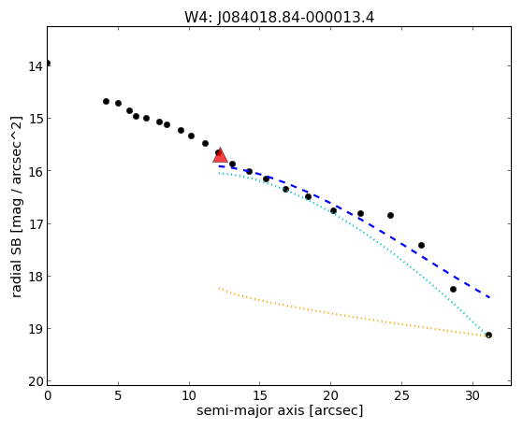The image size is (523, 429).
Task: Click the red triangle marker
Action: point(220,155)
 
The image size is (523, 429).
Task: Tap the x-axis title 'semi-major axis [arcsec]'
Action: point(280,410)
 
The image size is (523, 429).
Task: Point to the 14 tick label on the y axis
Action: point(35,66)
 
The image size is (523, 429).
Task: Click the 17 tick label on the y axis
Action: point(35,224)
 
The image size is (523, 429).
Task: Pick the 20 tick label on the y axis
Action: point(35,381)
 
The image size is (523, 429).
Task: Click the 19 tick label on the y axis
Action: point(35,329)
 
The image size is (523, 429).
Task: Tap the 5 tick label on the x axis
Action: point(118,395)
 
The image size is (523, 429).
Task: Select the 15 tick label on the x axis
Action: point(260,395)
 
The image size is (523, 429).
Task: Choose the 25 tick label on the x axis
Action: point(401,395)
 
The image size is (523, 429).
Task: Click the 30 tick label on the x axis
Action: point(472,395)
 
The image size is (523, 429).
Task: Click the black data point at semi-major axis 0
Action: point(48,63)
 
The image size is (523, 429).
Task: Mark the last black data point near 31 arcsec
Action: point(488,335)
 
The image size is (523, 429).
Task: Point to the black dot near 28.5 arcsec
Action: point(453,289)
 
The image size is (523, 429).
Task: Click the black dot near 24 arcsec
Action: point(390,215)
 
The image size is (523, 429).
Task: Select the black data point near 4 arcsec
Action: point(106,101)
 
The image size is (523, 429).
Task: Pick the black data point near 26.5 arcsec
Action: point(421,245)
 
